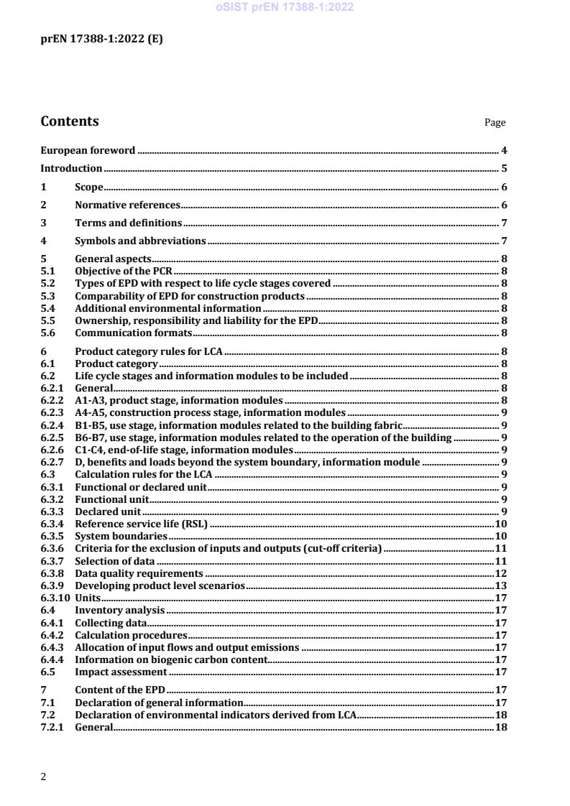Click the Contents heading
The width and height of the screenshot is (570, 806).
pos(70,121)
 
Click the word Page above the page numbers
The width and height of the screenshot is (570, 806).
pos(495,123)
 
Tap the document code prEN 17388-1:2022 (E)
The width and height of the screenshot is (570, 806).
pos(101,40)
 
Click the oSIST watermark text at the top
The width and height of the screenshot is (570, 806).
pos(285,8)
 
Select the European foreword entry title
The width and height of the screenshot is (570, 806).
pos(88,150)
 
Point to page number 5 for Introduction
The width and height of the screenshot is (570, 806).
pos(505,169)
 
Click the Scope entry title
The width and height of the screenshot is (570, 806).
pos(89,187)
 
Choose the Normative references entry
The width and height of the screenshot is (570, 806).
pos(127,205)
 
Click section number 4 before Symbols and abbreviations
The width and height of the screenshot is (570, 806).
pos(44,241)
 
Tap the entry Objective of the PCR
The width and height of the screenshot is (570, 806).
pos(124,271)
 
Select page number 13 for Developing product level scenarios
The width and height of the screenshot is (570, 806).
pos(502,585)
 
